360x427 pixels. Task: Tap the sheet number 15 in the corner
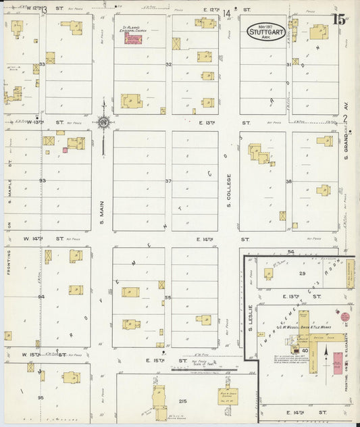pyautogui.click(x=340, y=19)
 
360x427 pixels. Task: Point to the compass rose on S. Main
pyautogui.click(x=104, y=122)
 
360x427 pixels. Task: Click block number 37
pyautogui.click(x=168, y=181)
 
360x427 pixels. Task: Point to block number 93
pyautogui.click(x=42, y=181)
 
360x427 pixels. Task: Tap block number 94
pyautogui.click(x=41, y=297)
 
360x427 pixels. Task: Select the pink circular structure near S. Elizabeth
pyautogui.click(x=344, y=316)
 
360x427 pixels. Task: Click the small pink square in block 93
pyautogui.click(x=65, y=150)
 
